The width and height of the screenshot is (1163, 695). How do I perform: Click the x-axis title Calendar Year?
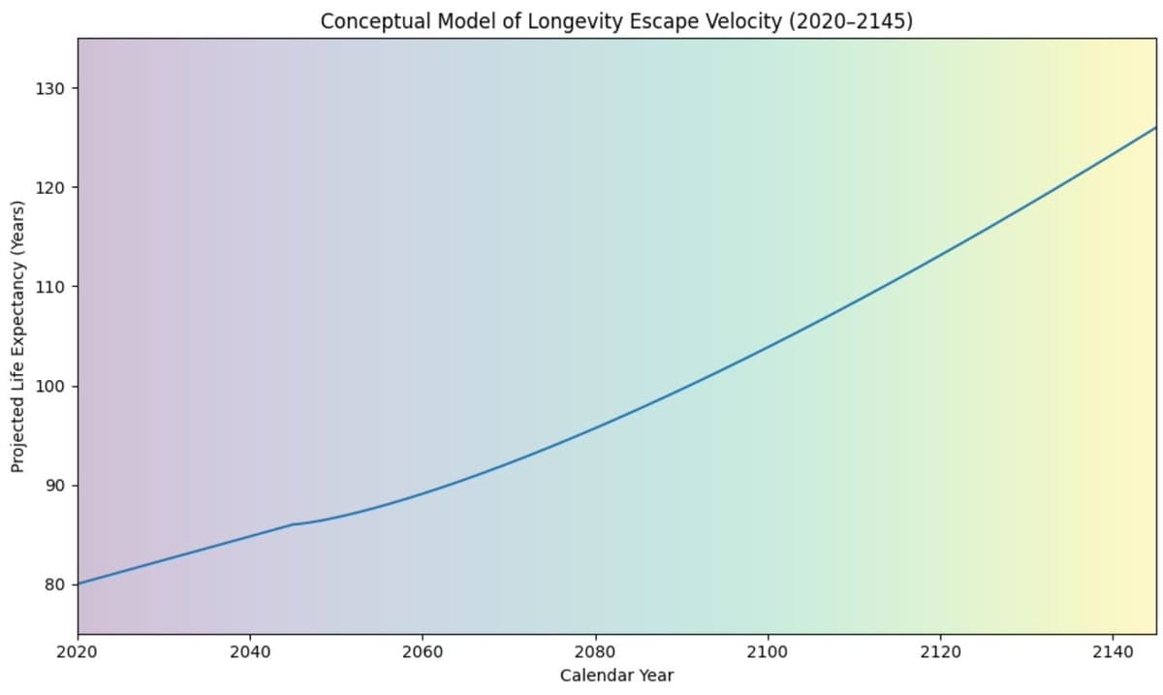coord(616,675)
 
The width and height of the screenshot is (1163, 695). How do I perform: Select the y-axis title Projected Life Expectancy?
coord(17,336)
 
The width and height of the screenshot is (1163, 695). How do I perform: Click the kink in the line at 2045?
coord(293,524)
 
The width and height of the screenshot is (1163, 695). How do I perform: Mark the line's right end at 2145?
coord(1155,128)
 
